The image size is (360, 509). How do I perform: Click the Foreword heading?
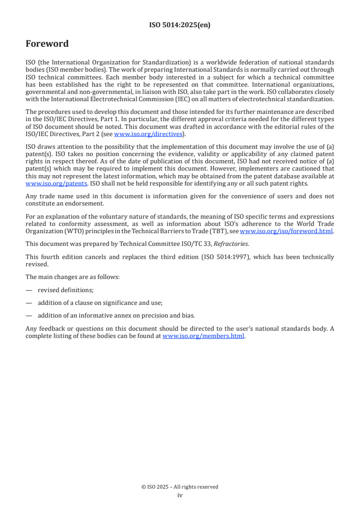point(47,44)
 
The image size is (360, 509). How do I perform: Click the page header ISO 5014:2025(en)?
point(180,25)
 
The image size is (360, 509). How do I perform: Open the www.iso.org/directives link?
point(148,134)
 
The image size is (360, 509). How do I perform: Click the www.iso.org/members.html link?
point(203,336)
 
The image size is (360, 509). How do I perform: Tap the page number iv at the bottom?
point(180,495)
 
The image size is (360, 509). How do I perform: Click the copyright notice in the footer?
point(180,487)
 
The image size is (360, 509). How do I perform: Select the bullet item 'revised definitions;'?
point(65,290)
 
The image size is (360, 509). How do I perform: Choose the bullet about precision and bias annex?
point(116,315)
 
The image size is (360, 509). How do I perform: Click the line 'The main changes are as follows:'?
point(73,277)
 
